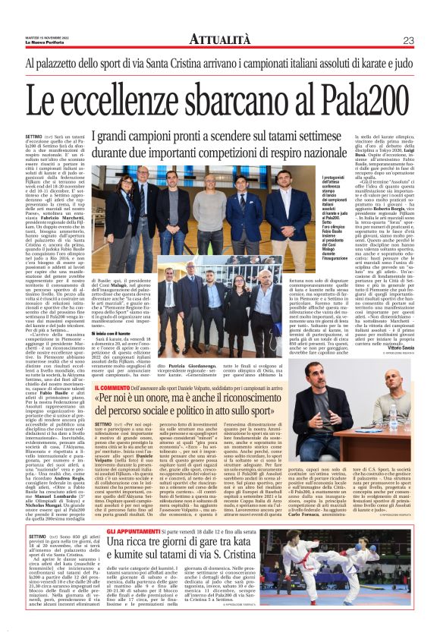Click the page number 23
click(408, 40)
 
